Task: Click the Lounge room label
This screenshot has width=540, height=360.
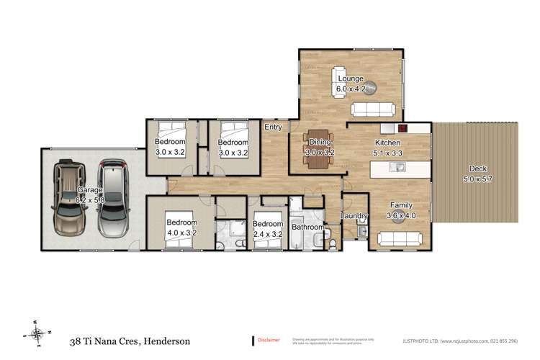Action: (351, 84)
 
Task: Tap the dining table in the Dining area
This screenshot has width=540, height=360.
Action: (316, 148)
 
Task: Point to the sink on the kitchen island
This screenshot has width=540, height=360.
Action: (395, 168)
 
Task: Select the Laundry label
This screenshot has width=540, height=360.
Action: (354, 217)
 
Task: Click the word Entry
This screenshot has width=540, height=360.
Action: (273, 127)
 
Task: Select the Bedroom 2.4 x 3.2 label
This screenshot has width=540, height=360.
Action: (268, 228)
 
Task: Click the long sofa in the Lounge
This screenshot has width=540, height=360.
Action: (372, 109)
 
